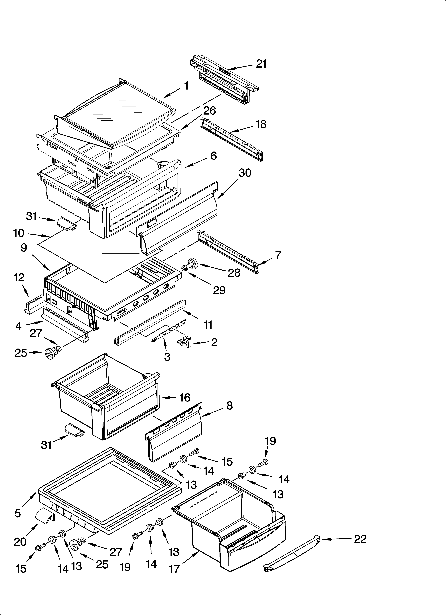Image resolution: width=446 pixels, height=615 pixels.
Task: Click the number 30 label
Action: [245, 173]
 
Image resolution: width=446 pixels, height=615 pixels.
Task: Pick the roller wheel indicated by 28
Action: [192, 263]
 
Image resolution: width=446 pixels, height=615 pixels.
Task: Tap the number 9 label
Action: [24, 247]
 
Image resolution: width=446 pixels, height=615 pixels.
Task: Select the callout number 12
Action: [19, 277]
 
